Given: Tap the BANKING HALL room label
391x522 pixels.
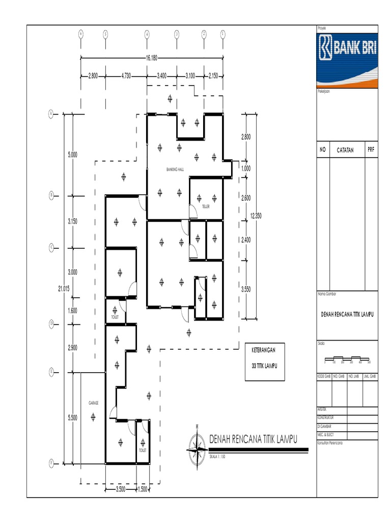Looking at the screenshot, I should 175,169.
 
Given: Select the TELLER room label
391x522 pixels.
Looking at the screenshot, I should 206,207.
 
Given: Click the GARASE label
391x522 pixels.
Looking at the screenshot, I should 93,403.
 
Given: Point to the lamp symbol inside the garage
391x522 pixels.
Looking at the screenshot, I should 93,417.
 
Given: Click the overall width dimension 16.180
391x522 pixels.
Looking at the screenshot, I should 151,57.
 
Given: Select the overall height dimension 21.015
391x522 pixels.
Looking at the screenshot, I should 64,289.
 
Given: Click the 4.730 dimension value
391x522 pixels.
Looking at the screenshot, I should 126,76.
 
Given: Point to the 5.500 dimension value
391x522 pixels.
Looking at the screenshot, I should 72,418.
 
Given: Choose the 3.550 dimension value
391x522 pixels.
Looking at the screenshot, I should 246,289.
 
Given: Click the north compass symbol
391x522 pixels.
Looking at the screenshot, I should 195,449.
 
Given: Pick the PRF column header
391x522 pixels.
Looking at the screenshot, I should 371,150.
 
